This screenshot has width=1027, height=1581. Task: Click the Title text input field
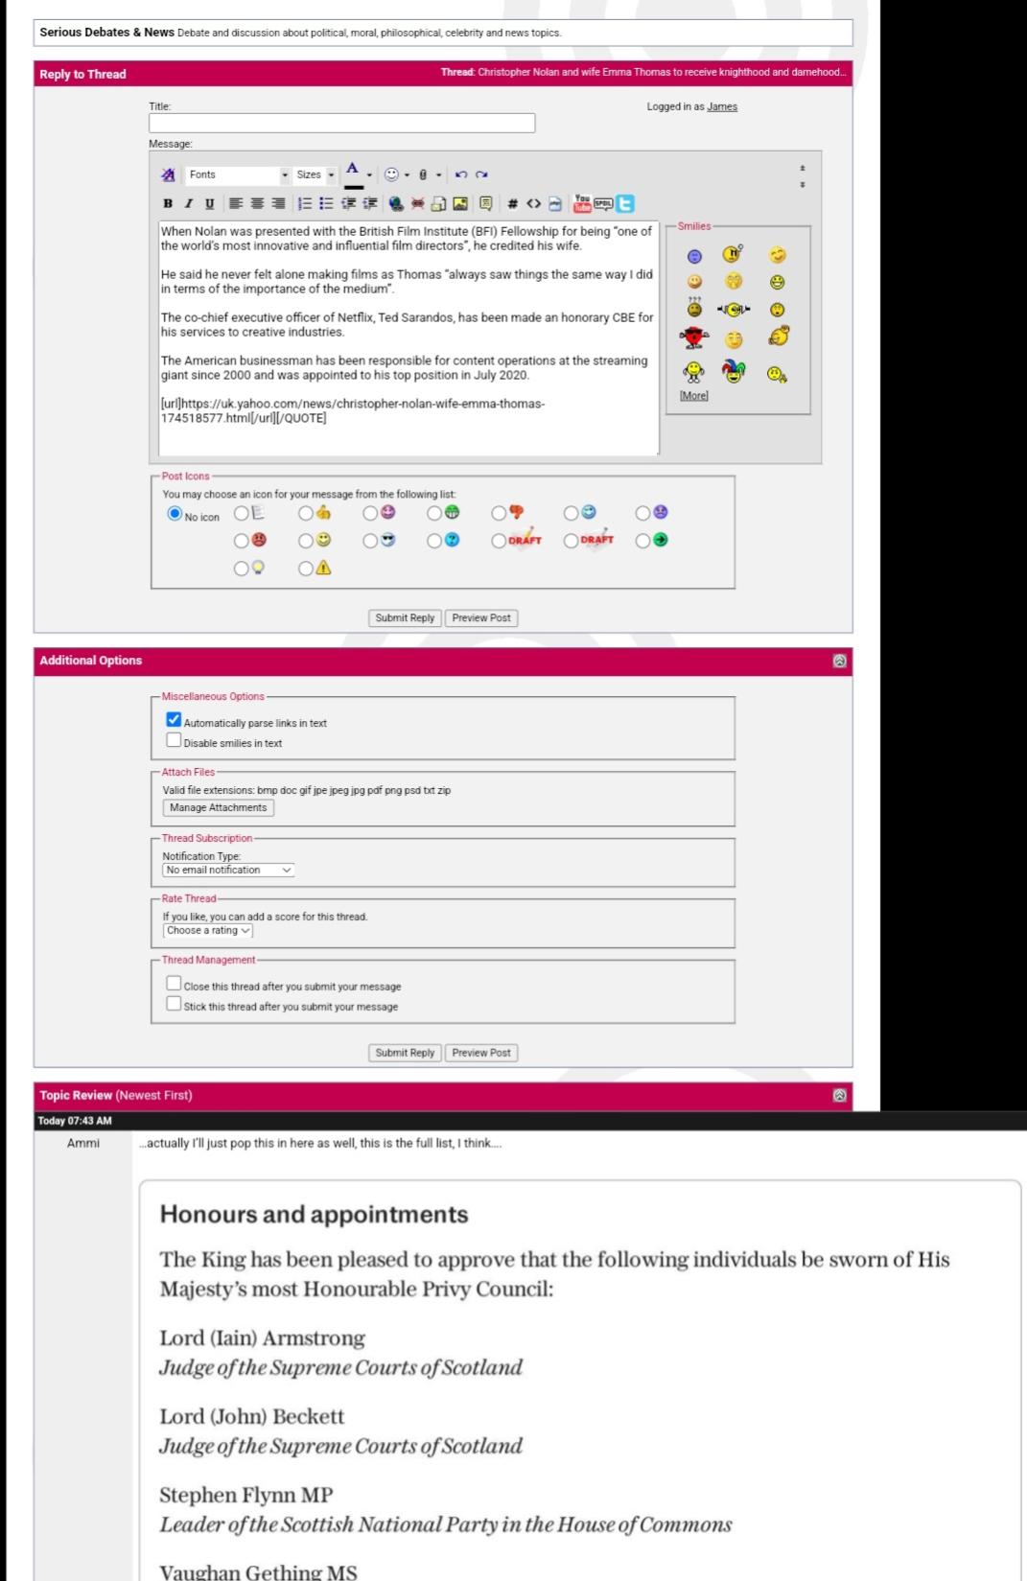pyautogui.click(x=341, y=123)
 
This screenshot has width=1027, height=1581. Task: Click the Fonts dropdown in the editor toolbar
pyautogui.click(x=238, y=174)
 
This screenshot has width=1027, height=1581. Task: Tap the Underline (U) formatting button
pyautogui.click(x=210, y=203)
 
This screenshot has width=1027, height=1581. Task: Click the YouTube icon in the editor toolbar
pyautogui.click(x=581, y=203)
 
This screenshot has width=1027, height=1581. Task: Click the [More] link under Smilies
pyautogui.click(x=693, y=395)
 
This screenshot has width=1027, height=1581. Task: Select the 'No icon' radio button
pyautogui.click(x=175, y=514)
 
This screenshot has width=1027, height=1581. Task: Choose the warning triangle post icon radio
pyautogui.click(x=306, y=568)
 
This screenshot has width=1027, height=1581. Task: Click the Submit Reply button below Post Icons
pyautogui.click(x=405, y=617)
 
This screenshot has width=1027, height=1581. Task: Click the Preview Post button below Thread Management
pyautogui.click(x=481, y=1053)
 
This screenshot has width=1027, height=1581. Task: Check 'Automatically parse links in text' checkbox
pyautogui.click(x=174, y=719)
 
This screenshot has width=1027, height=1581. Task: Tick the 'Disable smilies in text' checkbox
pyautogui.click(x=174, y=740)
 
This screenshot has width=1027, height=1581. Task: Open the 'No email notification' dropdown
pyautogui.click(x=228, y=870)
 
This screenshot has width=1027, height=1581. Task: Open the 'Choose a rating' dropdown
pyautogui.click(x=208, y=930)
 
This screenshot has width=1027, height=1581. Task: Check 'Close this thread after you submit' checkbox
pyautogui.click(x=174, y=983)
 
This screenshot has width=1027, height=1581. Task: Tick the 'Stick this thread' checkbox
pyautogui.click(x=174, y=1003)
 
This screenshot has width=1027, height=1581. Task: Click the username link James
pyautogui.click(x=722, y=106)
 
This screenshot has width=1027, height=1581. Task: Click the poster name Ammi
pyautogui.click(x=83, y=1143)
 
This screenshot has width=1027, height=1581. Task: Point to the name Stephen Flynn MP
pyautogui.click(x=245, y=1495)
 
